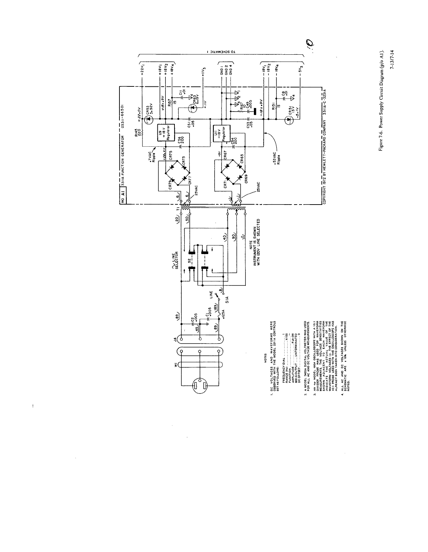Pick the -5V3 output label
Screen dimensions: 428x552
301,74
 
